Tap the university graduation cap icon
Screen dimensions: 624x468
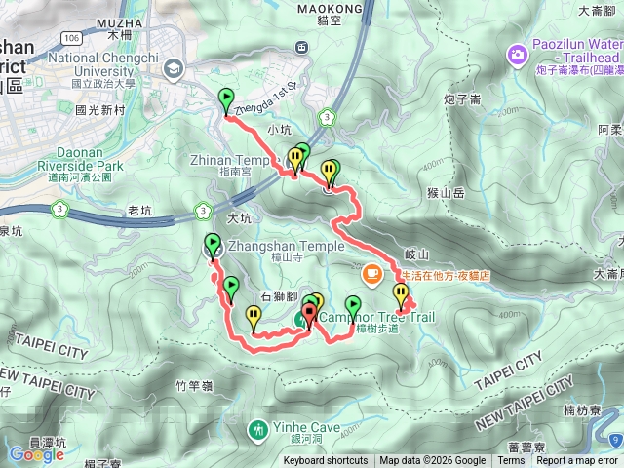pos(175,68)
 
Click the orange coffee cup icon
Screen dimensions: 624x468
pos(371,276)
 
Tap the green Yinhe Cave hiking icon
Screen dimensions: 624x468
pos(258,428)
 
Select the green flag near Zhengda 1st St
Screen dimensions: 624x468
pos(226,99)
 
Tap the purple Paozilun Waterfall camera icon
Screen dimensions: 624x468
pos(516,52)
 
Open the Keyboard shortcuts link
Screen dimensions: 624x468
pos(326,461)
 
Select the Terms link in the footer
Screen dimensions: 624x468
pos(511,461)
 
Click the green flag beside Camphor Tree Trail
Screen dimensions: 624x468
pos(353,306)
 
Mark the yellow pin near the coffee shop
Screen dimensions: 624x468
pos(401,293)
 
